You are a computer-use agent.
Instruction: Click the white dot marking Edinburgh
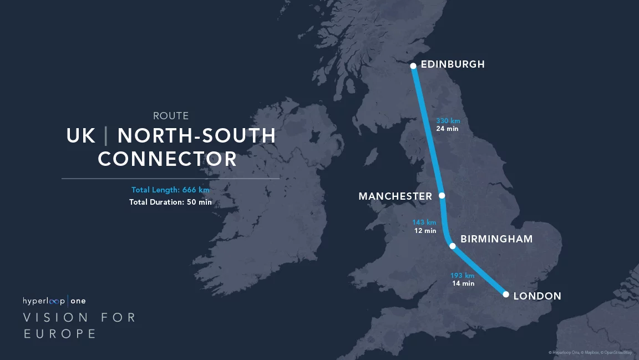tap(413, 66)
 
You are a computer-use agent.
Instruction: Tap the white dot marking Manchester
tap(442, 195)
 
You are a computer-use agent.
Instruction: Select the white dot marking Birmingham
tap(453, 246)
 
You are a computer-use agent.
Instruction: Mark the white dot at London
tap(506, 295)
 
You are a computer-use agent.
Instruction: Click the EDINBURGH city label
tap(453, 64)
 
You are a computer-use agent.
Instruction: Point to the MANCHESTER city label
tap(395, 196)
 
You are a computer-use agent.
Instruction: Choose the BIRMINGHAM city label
tap(496, 239)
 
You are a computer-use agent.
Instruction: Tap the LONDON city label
tap(537, 296)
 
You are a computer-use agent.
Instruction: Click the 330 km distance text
tap(448, 121)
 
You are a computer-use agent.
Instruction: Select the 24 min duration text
tap(447, 129)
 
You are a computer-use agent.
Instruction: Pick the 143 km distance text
tap(424, 223)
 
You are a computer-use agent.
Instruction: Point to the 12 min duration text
tap(425, 231)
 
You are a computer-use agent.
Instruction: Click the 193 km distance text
tap(463, 276)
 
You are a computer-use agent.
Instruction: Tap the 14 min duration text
tap(464, 283)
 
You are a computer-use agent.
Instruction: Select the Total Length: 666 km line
tap(170, 190)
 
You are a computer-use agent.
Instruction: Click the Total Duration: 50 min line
tap(170, 202)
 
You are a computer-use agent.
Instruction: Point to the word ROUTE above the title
tap(171, 116)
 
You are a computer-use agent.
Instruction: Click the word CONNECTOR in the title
tap(168, 159)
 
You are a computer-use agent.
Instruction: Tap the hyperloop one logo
tap(54, 301)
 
